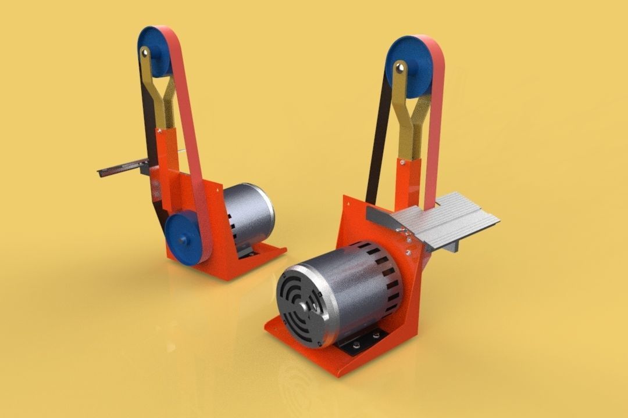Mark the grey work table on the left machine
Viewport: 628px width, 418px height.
[122, 168]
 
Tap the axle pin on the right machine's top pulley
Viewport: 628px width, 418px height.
[400, 68]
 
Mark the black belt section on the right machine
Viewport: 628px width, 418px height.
[376, 151]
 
